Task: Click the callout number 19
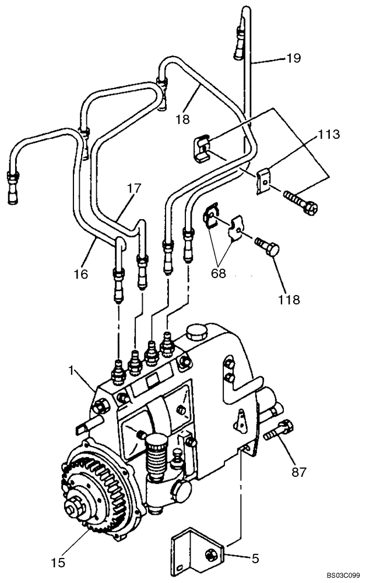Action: (x=293, y=58)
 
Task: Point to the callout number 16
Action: (x=81, y=273)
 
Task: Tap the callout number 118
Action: (x=288, y=300)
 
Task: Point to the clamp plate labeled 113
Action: (x=264, y=180)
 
